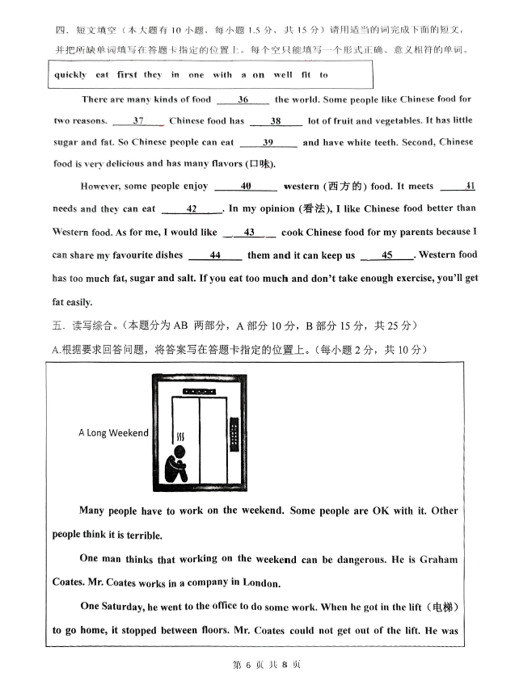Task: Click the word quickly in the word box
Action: click(x=70, y=75)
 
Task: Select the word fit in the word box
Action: click(x=302, y=75)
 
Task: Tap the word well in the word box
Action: click(x=282, y=75)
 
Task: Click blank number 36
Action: click(x=243, y=100)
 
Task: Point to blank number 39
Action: click(x=268, y=143)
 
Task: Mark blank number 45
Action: click(x=387, y=255)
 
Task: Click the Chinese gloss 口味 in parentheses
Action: click(x=260, y=164)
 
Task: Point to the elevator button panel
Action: click(x=234, y=435)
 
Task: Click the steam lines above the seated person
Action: click(x=180, y=437)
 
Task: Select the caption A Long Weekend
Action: click(x=113, y=433)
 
